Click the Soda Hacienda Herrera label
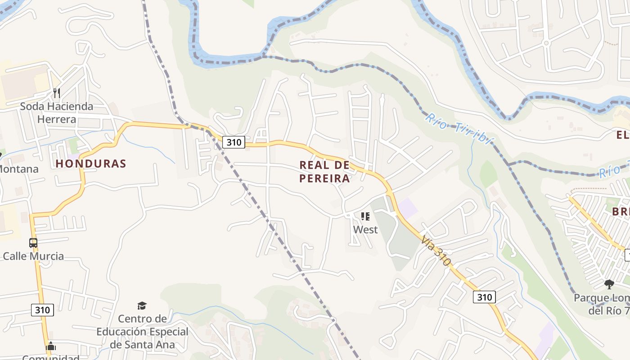tap(56, 113)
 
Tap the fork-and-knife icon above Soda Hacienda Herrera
tap(57, 93)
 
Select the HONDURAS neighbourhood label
tap(91, 163)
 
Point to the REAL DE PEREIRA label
tap(324, 171)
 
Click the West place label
tap(365, 229)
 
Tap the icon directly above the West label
tap(365, 216)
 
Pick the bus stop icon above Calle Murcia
tap(33, 243)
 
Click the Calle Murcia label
tap(33, 256)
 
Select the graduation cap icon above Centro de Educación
tap(142, 306)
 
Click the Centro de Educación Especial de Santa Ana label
tap(142, 332)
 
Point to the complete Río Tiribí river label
tap(459, 129)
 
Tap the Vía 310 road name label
tap(436, 251)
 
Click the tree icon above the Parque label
tap(609, 284)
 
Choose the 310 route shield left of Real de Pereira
tap(234, 143)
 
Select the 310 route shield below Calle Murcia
tap(43, 310)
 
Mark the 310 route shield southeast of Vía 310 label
tap(484, 297)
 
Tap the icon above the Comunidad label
tap(51, 346)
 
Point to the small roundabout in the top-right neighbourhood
tap(546, 43)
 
